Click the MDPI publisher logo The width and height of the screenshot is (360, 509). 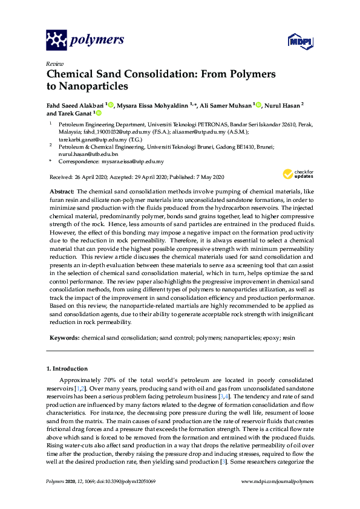[x=298, y=42]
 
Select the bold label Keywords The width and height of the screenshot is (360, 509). [x=64, y=336]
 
